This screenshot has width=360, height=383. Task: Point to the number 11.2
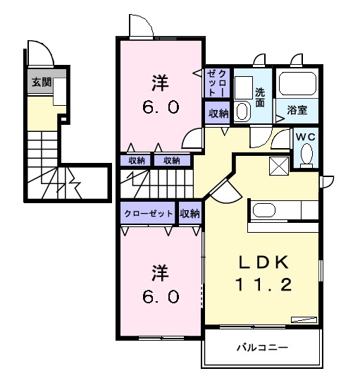(x=264, y=286)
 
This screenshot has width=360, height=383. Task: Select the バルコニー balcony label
(x=262, y=348)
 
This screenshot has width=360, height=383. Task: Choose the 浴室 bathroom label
(x=296, y=109)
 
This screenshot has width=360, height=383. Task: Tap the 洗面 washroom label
(x=260, y=96)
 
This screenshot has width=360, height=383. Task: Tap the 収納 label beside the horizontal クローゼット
(x=190, y=212)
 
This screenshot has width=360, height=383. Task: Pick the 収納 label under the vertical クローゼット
(x=218, y=112)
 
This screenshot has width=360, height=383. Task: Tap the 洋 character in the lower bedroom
(x=160, y=272)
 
